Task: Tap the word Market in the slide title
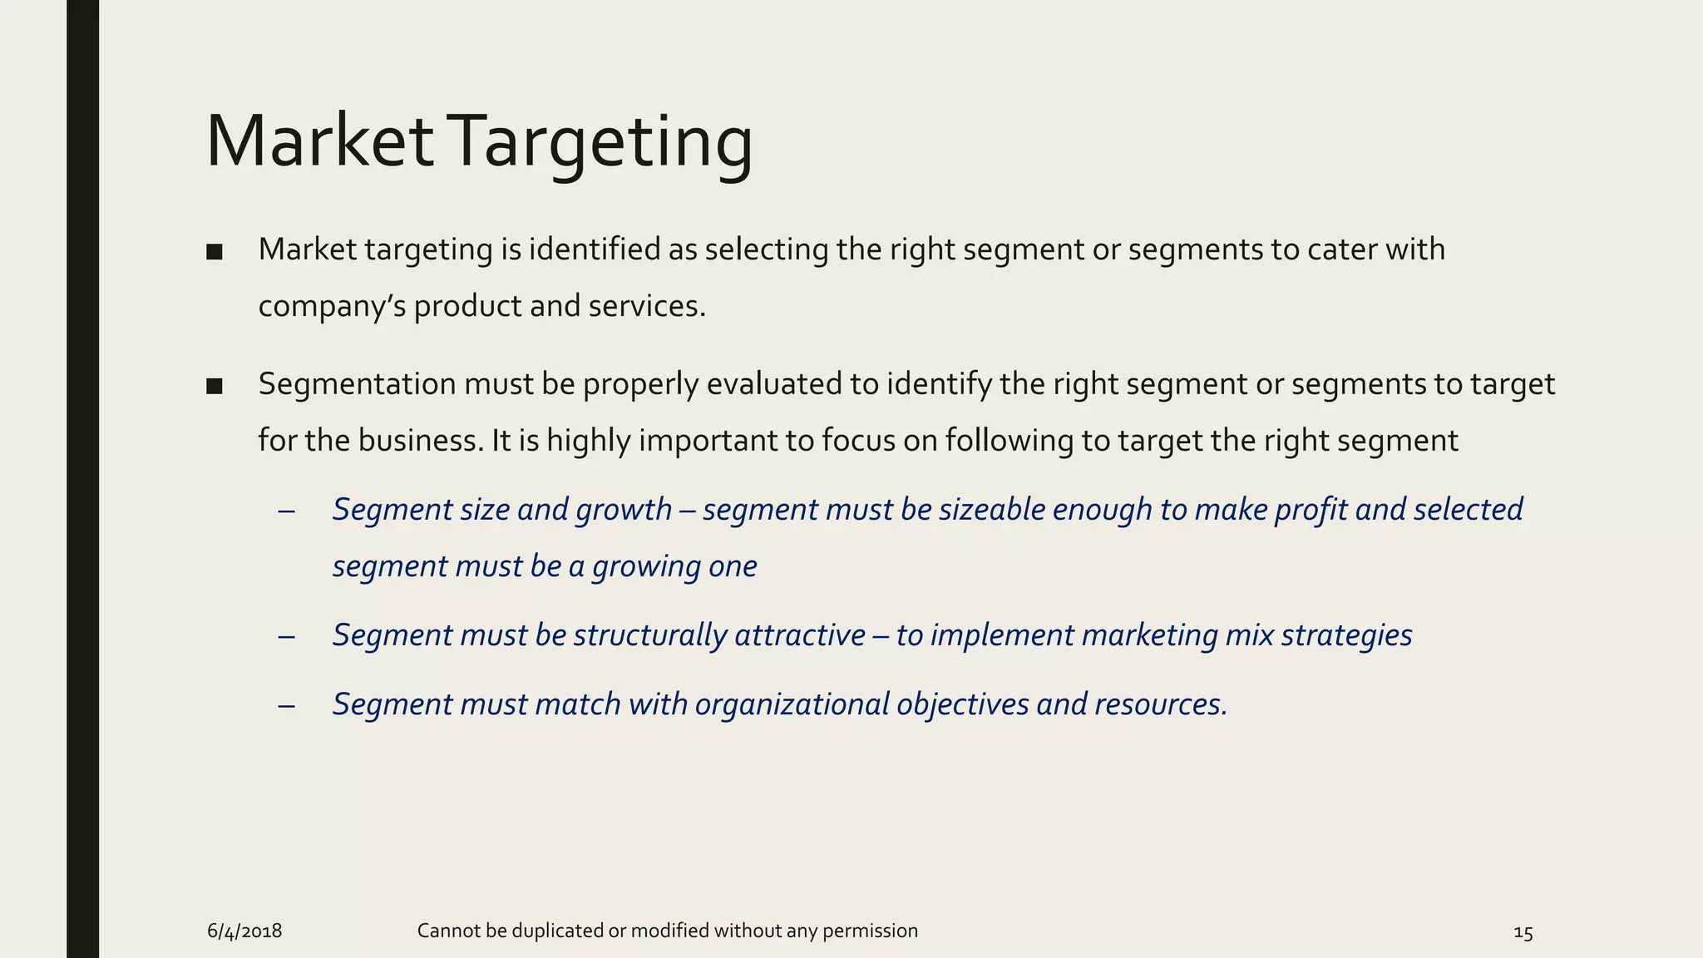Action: pos(319,141)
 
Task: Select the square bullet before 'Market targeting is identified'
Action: pos(215,251)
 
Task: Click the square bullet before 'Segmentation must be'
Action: pos(215,386)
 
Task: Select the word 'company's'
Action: pos(332,307)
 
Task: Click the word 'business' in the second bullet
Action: pos(420,441)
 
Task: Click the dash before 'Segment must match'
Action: pos(287,706)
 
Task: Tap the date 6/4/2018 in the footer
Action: pos(244,931)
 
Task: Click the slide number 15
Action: pos(1523,933)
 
